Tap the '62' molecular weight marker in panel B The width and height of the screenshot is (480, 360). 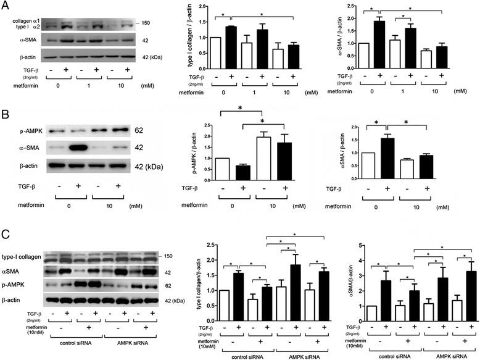coord(139,132)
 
